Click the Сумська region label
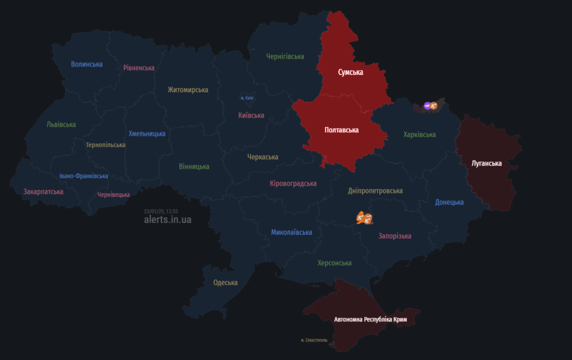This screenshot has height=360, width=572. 350,73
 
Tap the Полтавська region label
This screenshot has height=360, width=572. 341,130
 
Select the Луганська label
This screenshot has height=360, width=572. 486,163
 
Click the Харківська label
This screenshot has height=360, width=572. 420,135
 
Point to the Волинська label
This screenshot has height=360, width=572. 87,64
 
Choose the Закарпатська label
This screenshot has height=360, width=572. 43,191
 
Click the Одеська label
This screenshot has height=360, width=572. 225,282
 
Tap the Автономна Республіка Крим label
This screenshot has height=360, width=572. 370,320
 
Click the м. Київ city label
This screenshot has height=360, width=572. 247,98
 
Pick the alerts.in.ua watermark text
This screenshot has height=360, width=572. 168,220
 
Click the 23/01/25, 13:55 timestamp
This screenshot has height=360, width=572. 161,211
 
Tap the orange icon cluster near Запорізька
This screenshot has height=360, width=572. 364,217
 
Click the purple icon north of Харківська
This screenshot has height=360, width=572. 427,105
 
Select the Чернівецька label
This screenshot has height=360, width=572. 113,195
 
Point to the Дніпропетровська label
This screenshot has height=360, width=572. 375,191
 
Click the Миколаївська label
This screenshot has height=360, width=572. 292,232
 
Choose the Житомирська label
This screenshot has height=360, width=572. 188,89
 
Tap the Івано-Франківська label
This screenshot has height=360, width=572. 84,176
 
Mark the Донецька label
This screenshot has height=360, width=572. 450,202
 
